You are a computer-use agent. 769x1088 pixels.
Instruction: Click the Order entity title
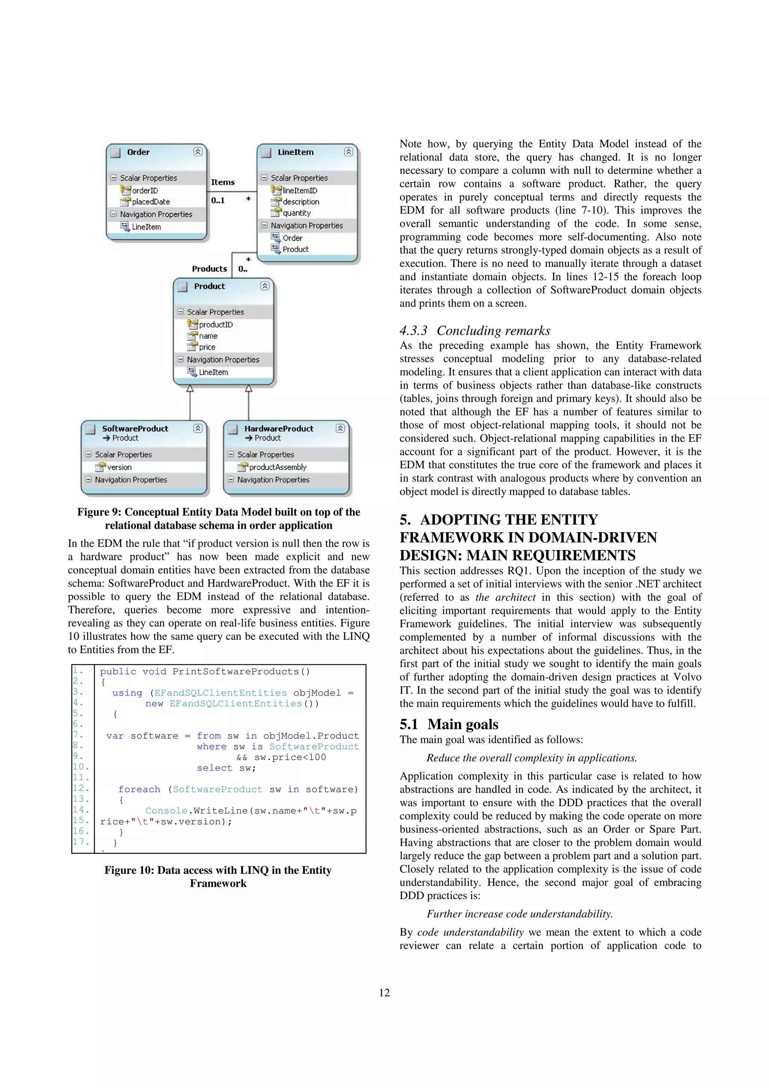coord(138,152)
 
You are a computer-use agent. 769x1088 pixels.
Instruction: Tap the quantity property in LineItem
coord(297,213)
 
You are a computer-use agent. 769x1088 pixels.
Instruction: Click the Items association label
coord(223,183)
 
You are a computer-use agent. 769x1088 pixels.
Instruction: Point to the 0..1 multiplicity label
coord(218,201)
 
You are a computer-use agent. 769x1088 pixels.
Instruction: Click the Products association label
coord(210,269)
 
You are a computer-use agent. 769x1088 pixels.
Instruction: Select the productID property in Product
coord(216,324)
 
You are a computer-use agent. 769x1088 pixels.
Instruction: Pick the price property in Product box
coord(207,347)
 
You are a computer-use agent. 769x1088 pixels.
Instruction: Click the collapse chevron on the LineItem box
coord(348,152)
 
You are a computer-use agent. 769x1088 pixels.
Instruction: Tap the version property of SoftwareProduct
coord(119,467)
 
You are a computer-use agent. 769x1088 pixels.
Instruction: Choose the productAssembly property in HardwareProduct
coord(277,467)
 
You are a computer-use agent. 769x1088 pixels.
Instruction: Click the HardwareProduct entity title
coord(279,429)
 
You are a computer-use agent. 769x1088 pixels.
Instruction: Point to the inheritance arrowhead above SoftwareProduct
coord(190,389)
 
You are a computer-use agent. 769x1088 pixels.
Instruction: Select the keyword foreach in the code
coord(139,789)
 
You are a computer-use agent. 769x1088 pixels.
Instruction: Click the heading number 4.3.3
coord(413,331)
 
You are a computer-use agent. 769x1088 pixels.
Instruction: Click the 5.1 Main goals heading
coord(449,724)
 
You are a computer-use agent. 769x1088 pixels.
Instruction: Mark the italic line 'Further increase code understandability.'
coord(520,914)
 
